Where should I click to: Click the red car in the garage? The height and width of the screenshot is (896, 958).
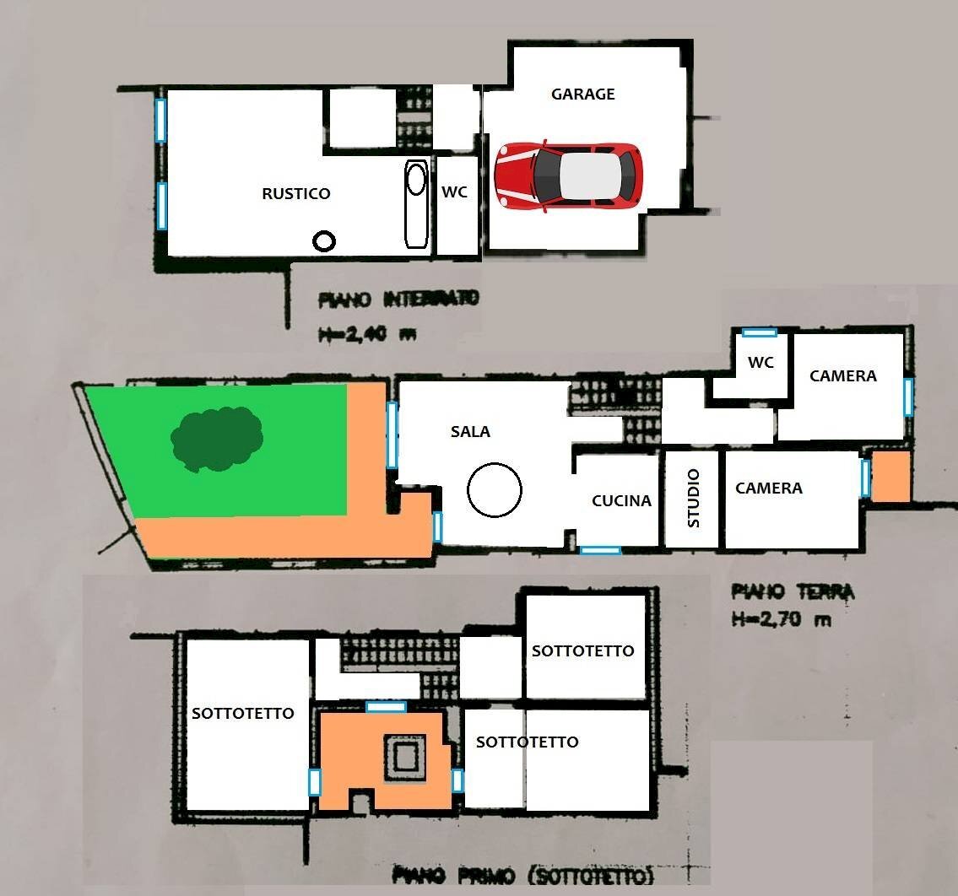point(569,175)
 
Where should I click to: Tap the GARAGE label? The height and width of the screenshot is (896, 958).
point(582,94)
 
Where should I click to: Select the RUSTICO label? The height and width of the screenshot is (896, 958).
point(295,193)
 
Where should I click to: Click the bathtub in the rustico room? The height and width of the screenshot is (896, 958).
point(416,202)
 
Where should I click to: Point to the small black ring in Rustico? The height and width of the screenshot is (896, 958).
point(323,241)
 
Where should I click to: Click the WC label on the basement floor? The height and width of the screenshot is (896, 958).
point(454,192)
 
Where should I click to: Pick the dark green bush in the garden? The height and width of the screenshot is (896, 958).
point(217,439)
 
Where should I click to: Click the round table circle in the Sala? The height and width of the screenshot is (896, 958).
point(495,489)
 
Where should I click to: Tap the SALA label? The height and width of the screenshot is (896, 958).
point(470,431)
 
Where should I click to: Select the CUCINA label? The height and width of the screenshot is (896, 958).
point(621,501)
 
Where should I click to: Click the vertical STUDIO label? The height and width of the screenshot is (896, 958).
point(694,499)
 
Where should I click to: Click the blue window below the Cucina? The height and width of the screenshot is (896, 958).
point(600,550)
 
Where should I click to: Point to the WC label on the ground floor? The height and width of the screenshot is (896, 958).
point(760,363)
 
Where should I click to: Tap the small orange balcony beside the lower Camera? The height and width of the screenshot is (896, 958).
point(890,477)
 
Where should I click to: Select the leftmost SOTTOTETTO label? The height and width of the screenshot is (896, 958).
point(243,714)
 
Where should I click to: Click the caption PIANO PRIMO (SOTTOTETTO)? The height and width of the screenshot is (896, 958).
point(523,876)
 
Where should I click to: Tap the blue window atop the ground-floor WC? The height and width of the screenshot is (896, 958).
point(760,333)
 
